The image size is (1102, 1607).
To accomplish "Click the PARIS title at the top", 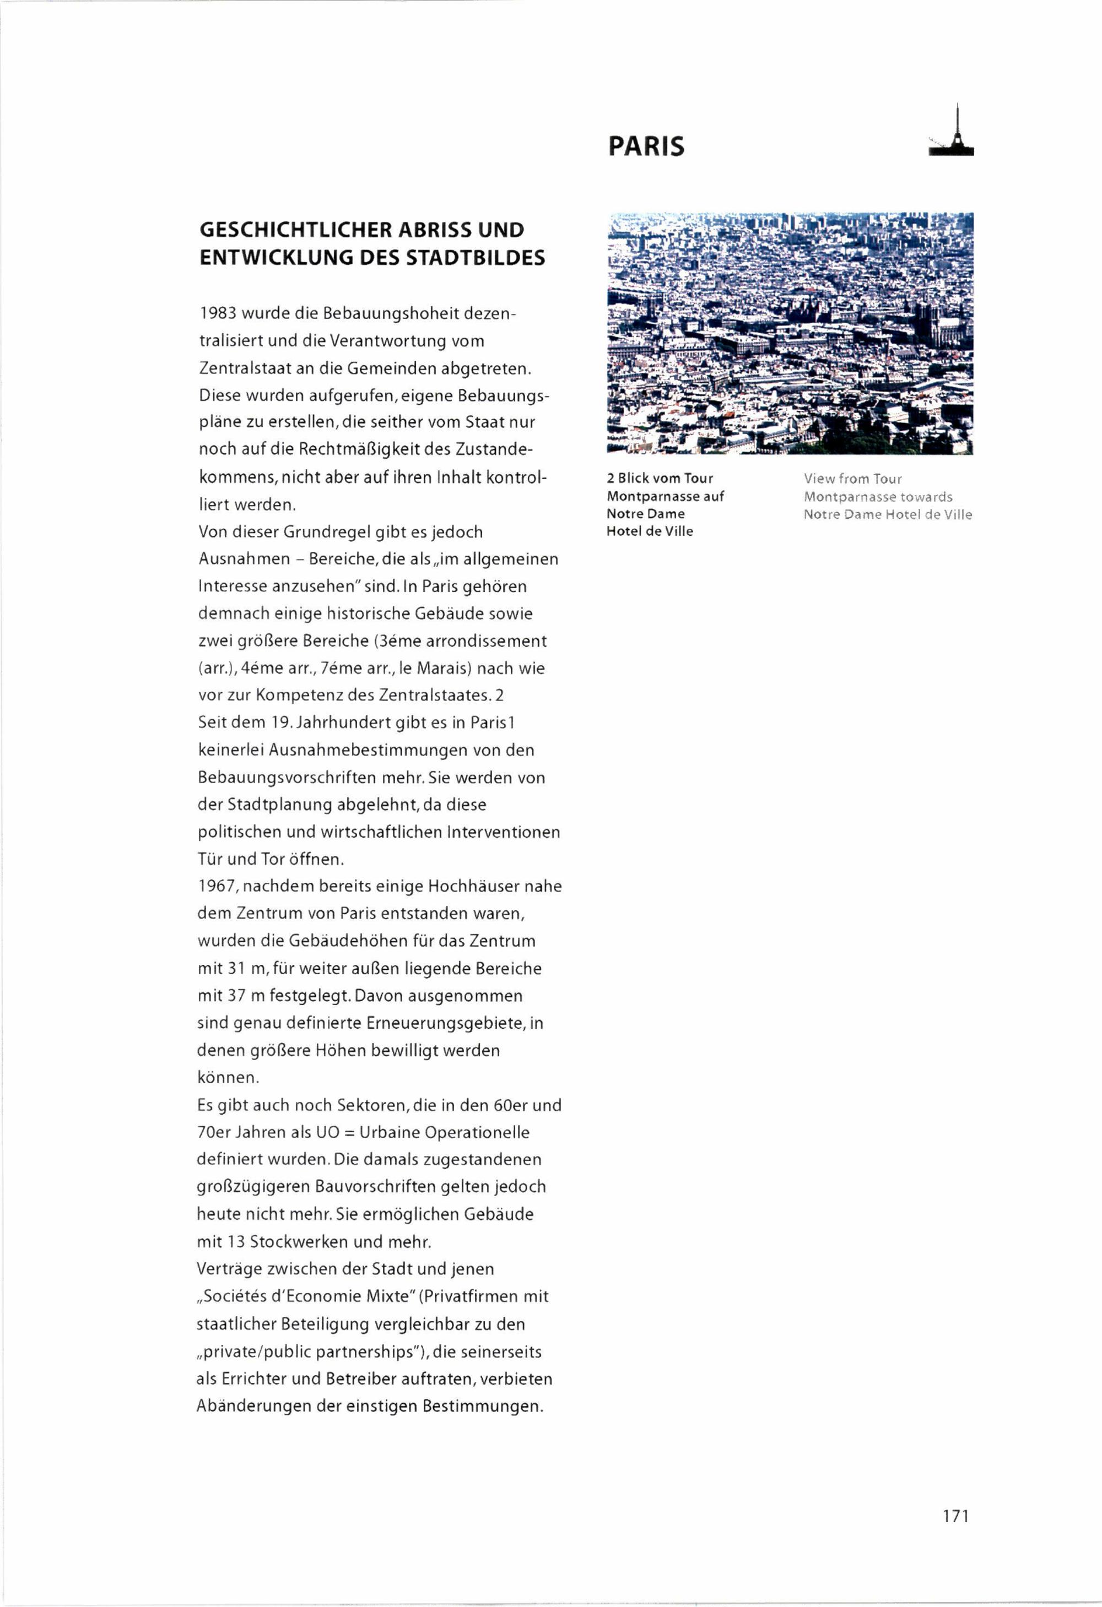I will (x=646, y=146).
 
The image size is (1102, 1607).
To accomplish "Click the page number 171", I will (x=955, y=1516).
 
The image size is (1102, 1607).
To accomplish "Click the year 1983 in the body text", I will (x=218, y=314).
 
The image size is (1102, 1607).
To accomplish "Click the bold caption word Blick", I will (x=634, y=479).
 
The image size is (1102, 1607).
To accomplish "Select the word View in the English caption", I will (x=818, y=479).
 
